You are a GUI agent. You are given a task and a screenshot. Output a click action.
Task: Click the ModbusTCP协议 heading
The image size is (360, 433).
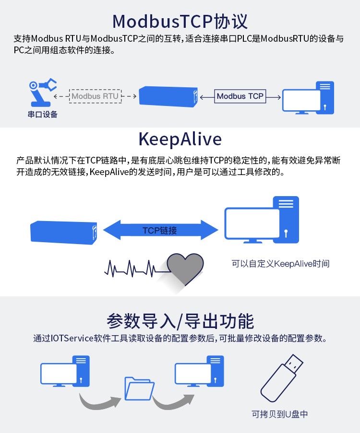click(180, 21)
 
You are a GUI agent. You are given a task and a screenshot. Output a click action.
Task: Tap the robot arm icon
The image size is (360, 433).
click(43, 93)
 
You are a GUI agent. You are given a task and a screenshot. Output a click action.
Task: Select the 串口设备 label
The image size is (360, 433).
click(43, 114)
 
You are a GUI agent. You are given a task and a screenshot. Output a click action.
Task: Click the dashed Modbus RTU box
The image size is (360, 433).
click(95, 96)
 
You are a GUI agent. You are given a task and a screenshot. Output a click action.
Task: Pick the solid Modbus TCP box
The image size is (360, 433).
click(240, 96)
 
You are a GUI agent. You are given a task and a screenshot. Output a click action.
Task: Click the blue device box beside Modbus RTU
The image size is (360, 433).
click(168, 96)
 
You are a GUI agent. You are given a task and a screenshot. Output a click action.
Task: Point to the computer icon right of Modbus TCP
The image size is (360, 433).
click(308, 98)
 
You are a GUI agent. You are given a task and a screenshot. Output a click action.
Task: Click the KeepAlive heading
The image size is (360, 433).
click(180, 139)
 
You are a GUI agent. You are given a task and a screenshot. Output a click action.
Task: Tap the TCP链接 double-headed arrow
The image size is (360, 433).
click(160, 230)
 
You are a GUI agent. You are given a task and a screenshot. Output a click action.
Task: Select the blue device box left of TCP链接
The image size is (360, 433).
click(63, 233)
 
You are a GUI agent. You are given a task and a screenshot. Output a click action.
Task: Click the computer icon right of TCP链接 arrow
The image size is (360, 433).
click(262, 220)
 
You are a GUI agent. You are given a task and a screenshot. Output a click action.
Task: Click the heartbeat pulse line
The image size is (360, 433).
click(137, 269)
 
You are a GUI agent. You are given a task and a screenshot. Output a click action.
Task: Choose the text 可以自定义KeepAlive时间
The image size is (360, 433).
click(280, 264)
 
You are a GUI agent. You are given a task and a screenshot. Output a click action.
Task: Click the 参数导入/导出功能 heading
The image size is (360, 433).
click(180, 321)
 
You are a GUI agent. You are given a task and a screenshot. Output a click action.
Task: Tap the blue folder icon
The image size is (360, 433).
click(139, 389)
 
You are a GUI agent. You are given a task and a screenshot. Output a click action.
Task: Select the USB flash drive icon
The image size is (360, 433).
click(282, 378)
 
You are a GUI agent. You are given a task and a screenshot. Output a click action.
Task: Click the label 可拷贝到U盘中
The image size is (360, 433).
click(279, 414)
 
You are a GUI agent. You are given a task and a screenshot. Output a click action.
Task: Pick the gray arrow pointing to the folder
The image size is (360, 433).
click(100, 401)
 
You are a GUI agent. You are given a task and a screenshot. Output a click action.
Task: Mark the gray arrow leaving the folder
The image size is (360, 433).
click(173, 401)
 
